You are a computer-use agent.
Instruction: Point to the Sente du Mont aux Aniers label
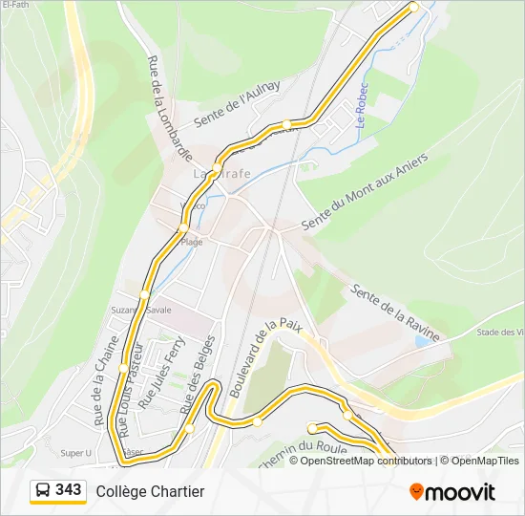pos(365,191)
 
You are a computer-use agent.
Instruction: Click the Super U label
pos(75,453)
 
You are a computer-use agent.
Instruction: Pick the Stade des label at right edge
pos(500,333)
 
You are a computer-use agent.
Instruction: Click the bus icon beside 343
pos(44,491)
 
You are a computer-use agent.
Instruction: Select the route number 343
pos(69,490)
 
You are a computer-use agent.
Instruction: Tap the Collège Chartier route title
pos(150,491)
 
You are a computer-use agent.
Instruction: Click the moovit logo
pos(452,492)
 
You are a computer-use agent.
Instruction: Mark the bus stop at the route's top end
pos(414,7)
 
